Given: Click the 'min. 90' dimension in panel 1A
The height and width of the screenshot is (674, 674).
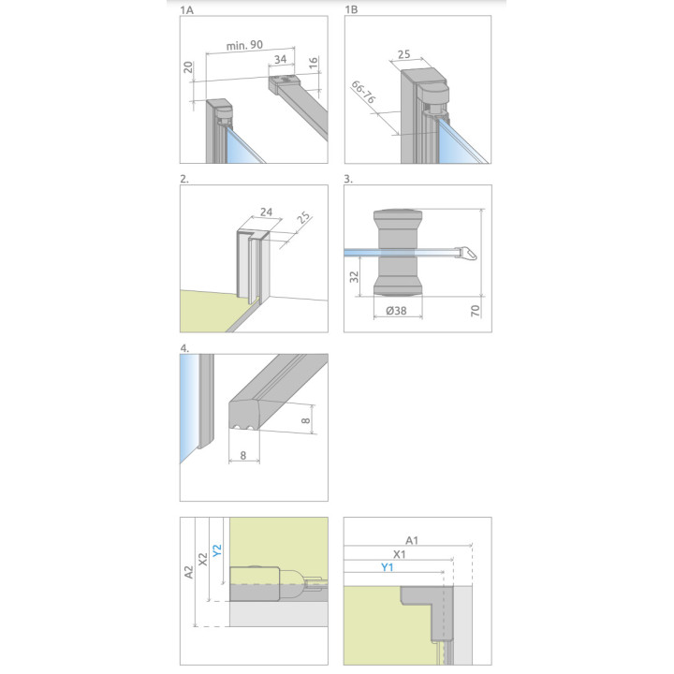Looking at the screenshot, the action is (x=244, y=45).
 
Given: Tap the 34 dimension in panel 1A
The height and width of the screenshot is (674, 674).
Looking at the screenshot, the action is (x=280, y=59).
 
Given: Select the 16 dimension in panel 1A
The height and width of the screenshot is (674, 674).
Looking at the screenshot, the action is (x=314, y=63).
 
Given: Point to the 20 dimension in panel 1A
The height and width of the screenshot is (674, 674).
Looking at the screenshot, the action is (x=188, y=67).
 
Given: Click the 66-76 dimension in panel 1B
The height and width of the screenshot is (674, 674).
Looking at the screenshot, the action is (x=363, y=92).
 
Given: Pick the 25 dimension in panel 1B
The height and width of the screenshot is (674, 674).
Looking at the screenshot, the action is (x=404, y=54).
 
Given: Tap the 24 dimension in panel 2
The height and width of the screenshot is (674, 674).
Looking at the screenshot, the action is (x=266, y=212).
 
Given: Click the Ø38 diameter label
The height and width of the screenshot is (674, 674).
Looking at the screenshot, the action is (x=396, y=311).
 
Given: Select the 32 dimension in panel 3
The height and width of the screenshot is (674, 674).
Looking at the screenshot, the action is (x=354, y=277).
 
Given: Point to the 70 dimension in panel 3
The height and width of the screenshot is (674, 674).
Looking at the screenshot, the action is (x=475, y=311).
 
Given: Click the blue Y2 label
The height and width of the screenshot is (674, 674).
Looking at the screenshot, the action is (x=217, y=550).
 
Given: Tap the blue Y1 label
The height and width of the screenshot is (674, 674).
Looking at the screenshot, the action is (x=388, y=568).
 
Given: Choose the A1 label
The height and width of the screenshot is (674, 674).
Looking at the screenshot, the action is (x=412, y=540).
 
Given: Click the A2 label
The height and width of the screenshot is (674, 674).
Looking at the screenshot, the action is (x=189, y=572).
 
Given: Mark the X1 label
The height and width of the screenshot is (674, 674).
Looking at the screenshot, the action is (x=400, y=554).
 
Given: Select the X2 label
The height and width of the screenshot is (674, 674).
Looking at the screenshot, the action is (x=202, y=559).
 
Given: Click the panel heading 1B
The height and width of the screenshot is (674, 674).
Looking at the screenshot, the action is (x=351, y=9).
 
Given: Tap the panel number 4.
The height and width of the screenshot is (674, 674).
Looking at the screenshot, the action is (x=184, y=348).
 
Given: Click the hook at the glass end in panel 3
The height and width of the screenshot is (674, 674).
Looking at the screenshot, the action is (x=468, y=254).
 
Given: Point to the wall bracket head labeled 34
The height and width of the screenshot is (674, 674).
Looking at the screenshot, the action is (x=284, y=83).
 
